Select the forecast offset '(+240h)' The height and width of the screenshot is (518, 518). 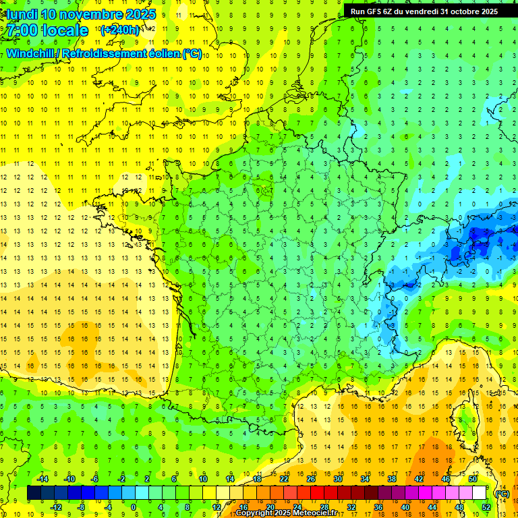[x=120, y=30]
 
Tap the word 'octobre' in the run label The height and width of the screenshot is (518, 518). [x=461, y=11]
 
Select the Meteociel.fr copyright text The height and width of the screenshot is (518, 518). [x=286, y=513]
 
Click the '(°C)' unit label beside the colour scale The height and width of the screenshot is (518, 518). [x=502, y=494]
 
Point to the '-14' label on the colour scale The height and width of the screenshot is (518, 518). [x=42, y=479]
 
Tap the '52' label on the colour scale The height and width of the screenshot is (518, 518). [x=486, y=507]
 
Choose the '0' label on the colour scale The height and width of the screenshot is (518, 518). [x=134, y=507]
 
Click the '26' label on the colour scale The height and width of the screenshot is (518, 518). [x=311, y=479]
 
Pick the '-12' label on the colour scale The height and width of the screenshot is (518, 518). [x=56, y=507]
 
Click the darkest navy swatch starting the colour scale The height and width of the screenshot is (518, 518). [x=34, y=493]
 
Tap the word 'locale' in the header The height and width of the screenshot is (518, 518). [x=64, y=30]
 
